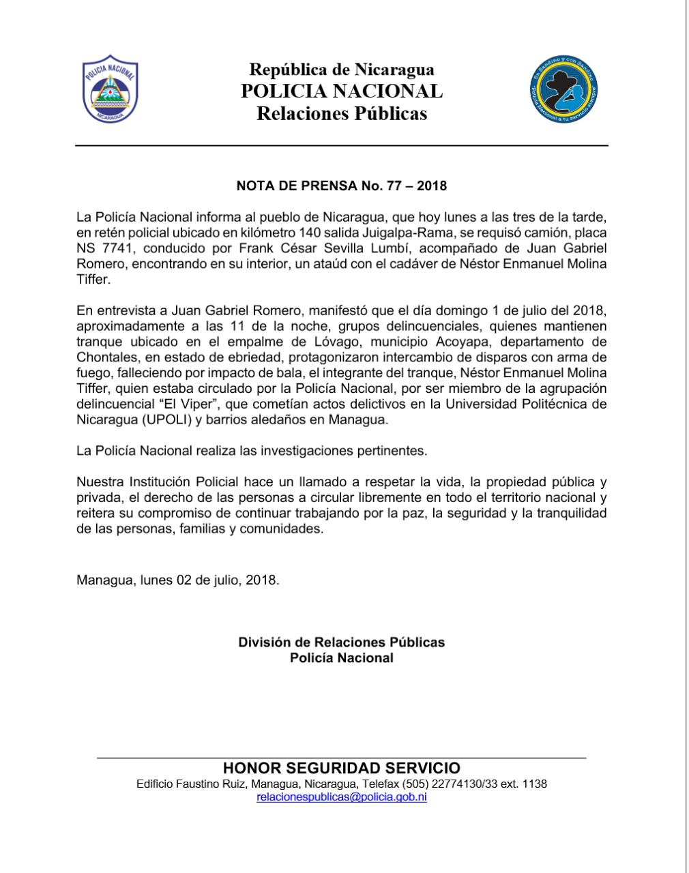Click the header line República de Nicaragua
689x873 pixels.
pos(341,69)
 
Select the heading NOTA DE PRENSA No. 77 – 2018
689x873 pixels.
pos(341,186)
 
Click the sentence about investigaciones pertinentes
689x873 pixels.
pos(252,451)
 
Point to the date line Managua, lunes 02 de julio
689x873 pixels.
pos(177,580)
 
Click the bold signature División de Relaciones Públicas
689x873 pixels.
pos(341,642)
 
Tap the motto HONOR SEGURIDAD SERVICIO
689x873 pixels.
pos(341,769)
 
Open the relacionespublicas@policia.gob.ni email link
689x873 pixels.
pos(341,797)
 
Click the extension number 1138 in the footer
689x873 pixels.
pos(533,784)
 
